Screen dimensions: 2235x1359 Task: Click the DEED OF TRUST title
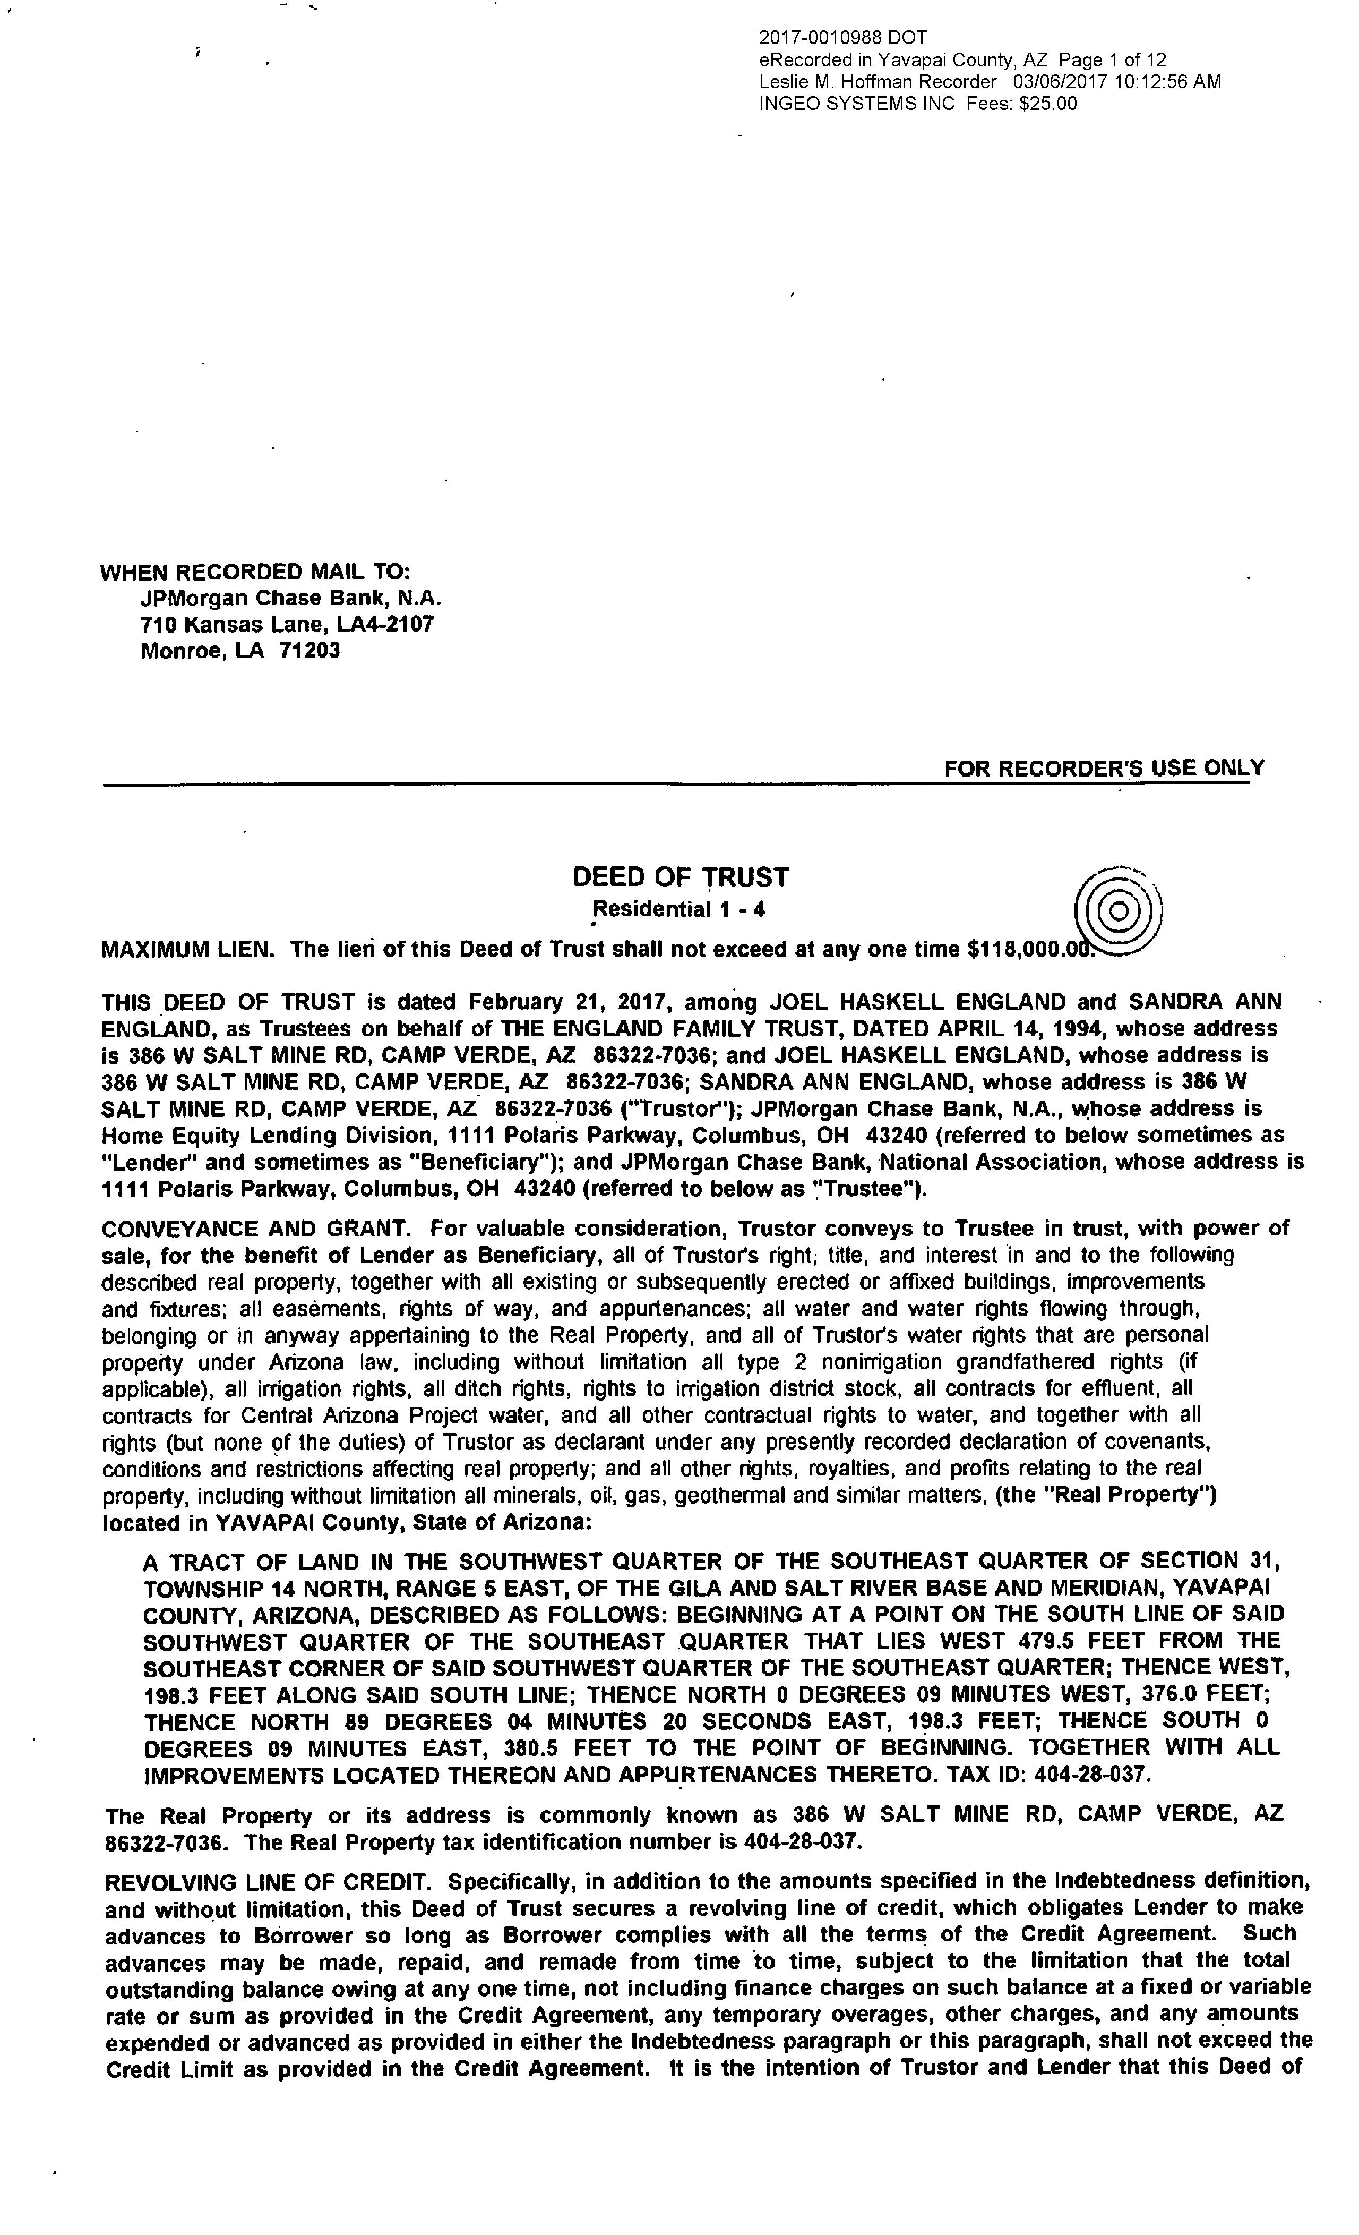pos(680,877)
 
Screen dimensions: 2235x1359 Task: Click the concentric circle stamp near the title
pos(1119,910)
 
